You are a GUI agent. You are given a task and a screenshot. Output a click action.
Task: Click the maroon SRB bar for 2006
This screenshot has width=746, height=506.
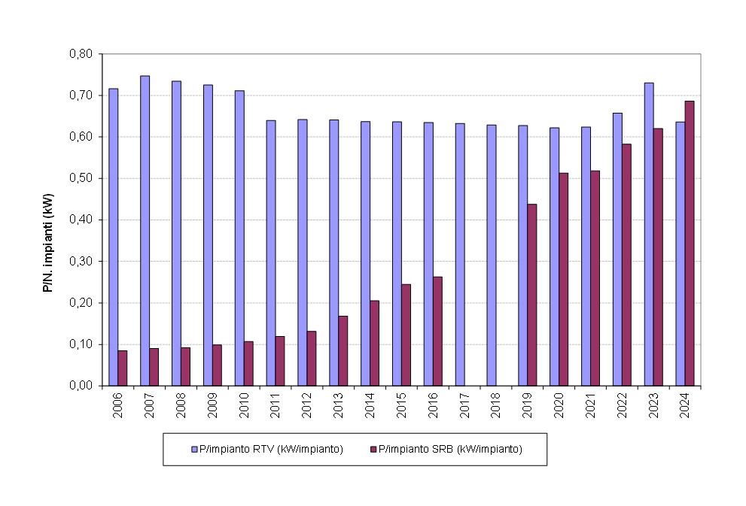[x=123, y=368]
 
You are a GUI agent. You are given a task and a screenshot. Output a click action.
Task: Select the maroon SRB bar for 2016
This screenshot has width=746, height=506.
[x=437, y=331]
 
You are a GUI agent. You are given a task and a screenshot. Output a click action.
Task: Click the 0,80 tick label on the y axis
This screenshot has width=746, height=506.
[x=80, y=54]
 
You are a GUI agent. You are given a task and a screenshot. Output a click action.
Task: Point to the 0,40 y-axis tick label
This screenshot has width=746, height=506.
[x=80, y=220]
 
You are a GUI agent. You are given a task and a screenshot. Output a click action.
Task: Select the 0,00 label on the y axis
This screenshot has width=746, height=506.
[x=80, y=386]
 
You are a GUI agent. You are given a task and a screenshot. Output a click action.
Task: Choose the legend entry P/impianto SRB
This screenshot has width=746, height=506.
[x=449, y=449]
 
